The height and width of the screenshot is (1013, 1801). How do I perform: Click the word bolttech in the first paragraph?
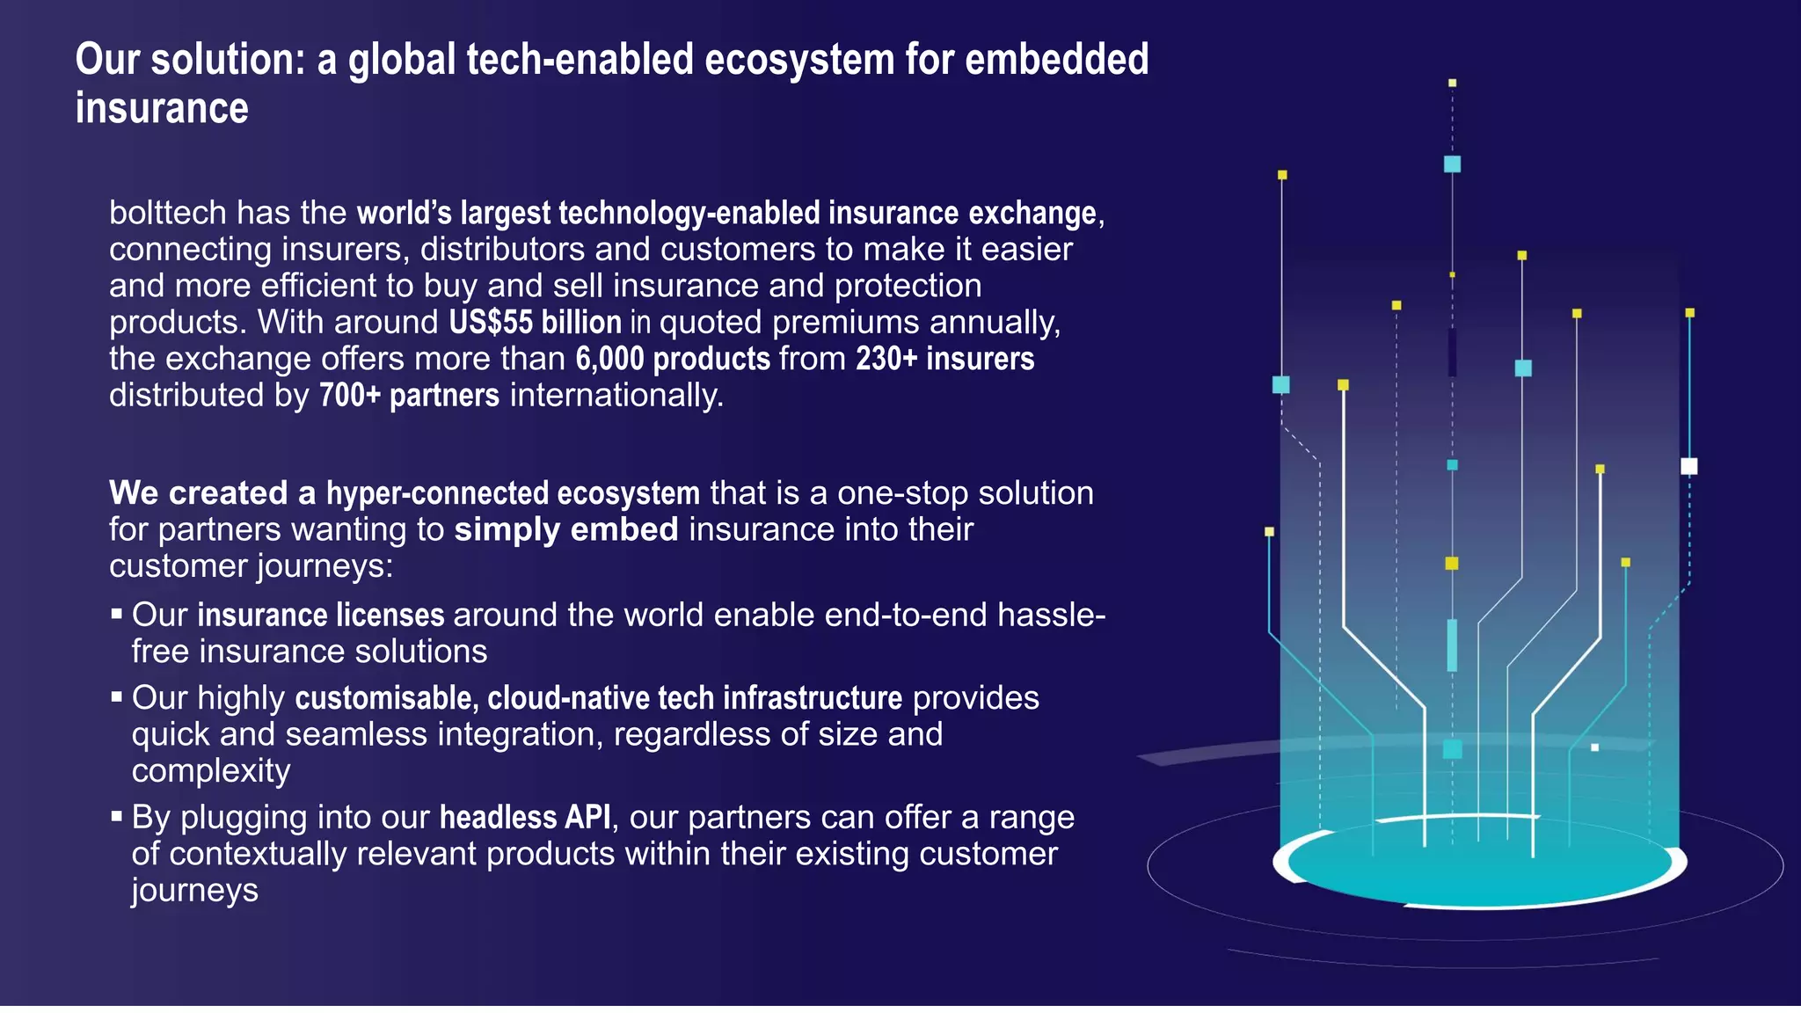(167, 214)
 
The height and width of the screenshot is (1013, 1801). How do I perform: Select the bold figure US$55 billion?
(535, 323)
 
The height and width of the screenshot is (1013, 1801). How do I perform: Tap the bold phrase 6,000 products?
(673, 359)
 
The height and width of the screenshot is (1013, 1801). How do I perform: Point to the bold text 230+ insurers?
(944, 359)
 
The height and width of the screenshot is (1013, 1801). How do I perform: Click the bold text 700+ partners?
(409, 396)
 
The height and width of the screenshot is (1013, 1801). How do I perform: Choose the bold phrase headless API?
(524, 818)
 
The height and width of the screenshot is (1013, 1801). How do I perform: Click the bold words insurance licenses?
(320, 616)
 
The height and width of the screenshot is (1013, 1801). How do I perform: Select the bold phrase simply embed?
(565, 529)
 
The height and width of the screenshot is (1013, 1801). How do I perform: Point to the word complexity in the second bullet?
(211, 771)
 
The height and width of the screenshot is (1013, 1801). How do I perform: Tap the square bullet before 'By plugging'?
(117, 816)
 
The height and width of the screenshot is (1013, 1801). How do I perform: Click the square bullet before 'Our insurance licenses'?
(117, 614)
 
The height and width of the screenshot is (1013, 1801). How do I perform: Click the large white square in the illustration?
(1688, 466)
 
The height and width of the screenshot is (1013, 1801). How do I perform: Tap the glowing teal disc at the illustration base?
(1479, 866)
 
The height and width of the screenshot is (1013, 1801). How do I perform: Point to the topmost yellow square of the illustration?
(1452, 83)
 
